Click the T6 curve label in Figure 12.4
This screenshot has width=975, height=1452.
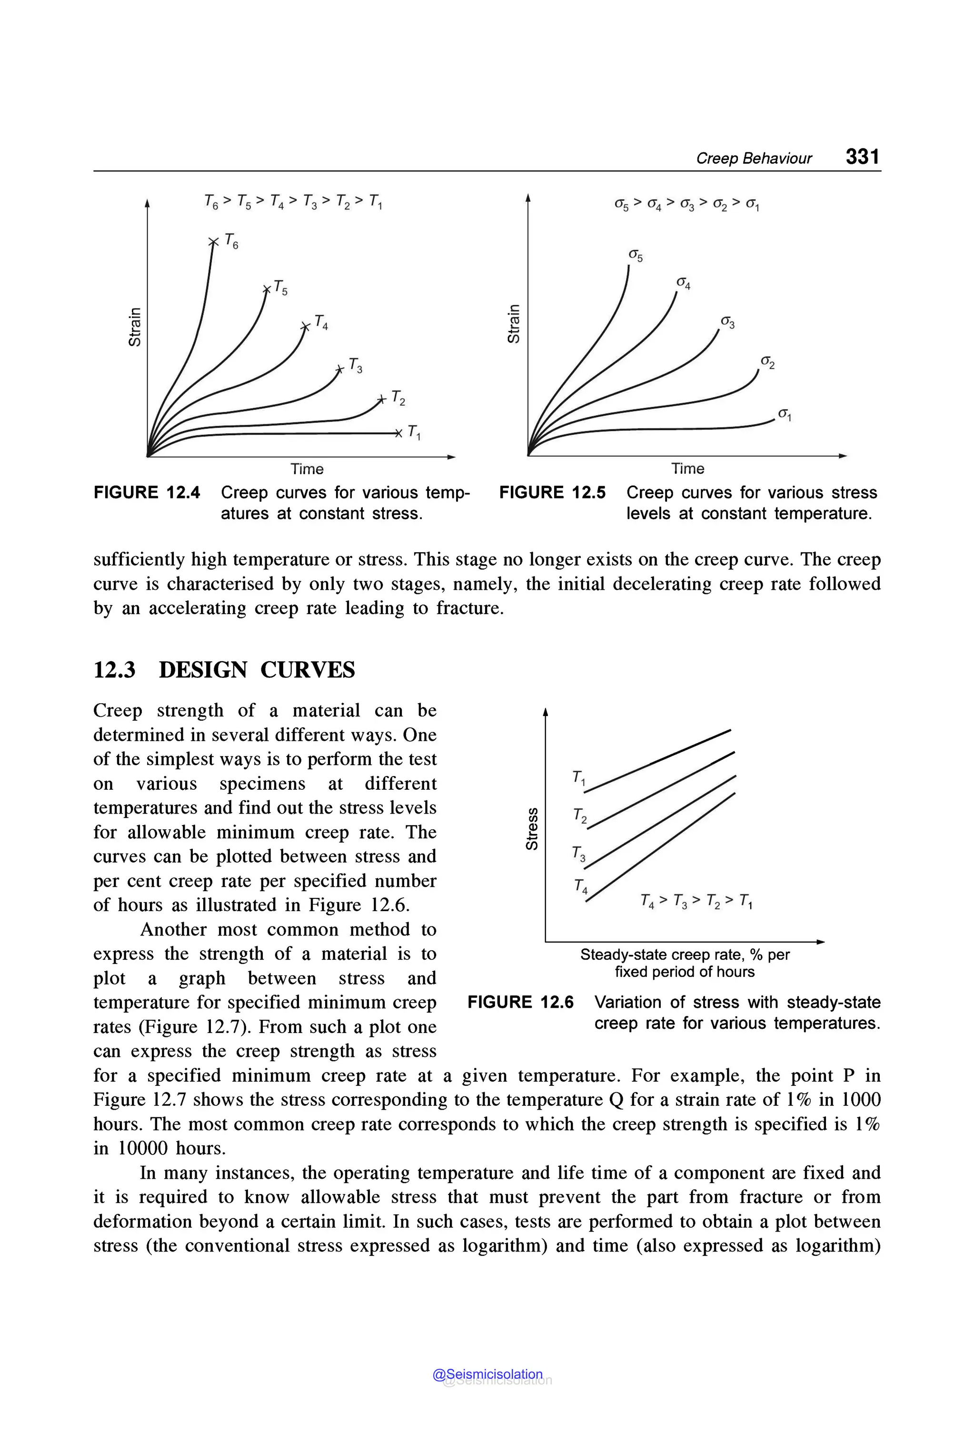click(231, 241)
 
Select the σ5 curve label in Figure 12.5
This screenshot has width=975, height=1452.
click(636, 256)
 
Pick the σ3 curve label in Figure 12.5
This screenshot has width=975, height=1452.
click(727, 323)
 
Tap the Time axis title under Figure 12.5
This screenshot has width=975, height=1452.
click(688, 469)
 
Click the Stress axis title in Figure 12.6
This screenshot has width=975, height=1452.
click(532, 828)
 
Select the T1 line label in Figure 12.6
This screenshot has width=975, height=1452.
click(578, 778)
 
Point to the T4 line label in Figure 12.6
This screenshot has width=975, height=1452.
click(581, 886)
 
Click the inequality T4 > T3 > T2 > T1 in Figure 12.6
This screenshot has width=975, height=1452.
click(696, 901)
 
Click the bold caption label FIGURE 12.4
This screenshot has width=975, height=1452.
click(147, 493)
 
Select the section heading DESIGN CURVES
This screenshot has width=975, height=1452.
click(256, 670)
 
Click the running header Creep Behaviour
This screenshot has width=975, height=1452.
click(754, 159)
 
